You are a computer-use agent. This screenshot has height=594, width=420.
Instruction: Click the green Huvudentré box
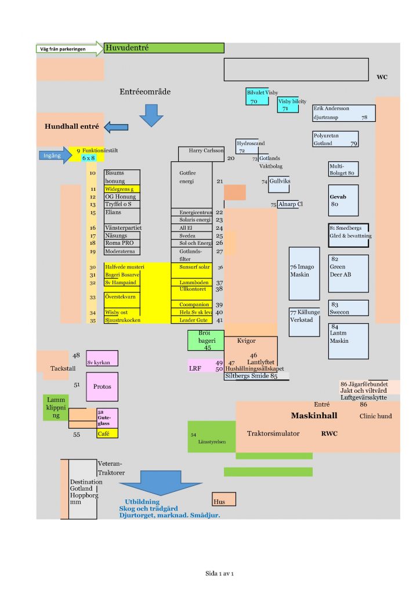(x=164, y=48)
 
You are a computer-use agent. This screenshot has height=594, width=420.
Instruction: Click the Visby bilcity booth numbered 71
(x=288, y=104)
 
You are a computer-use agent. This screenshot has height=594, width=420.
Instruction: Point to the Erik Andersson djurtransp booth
(x=343, y=113)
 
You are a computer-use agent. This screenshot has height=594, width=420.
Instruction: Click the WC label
(x=382, y=77)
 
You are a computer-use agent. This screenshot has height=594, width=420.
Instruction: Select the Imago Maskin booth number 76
(x=304, y=273)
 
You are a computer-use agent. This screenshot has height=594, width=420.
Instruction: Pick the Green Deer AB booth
(x=349, y=273)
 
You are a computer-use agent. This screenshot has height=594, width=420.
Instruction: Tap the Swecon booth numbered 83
(x=349, y=308)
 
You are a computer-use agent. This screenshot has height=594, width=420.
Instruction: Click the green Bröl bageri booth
(x=205, y=341)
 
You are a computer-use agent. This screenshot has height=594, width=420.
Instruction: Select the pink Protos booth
(x=102, y=386)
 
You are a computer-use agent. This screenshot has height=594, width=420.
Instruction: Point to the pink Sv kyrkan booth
(x=102, y=358)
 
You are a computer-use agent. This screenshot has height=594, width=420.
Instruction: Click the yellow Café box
(x=107, y=433)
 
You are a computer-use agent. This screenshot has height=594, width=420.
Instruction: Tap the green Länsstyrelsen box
(x=212, y=437)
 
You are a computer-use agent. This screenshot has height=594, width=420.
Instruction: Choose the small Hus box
(x=224, y=499)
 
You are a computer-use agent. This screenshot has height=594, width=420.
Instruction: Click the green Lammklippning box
(x=56, y=407)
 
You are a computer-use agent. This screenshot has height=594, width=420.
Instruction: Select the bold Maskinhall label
(x=314, y=416)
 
